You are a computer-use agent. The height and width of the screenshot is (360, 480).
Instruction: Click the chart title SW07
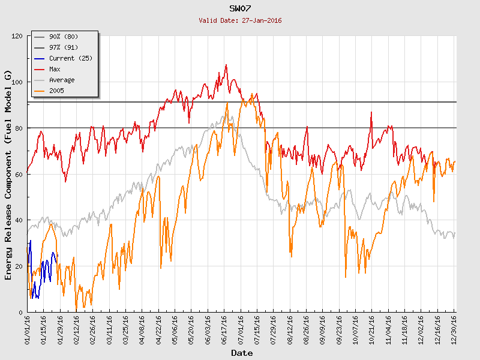tap(240, 8)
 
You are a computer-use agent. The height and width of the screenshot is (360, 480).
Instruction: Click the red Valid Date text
tap(240, 20)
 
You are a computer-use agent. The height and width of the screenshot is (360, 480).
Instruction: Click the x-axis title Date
tap(242, 353)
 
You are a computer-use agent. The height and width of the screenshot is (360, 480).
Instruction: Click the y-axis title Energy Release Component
tap(8, 174)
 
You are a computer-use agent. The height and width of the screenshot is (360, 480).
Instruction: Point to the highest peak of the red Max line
tap(226, 65)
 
